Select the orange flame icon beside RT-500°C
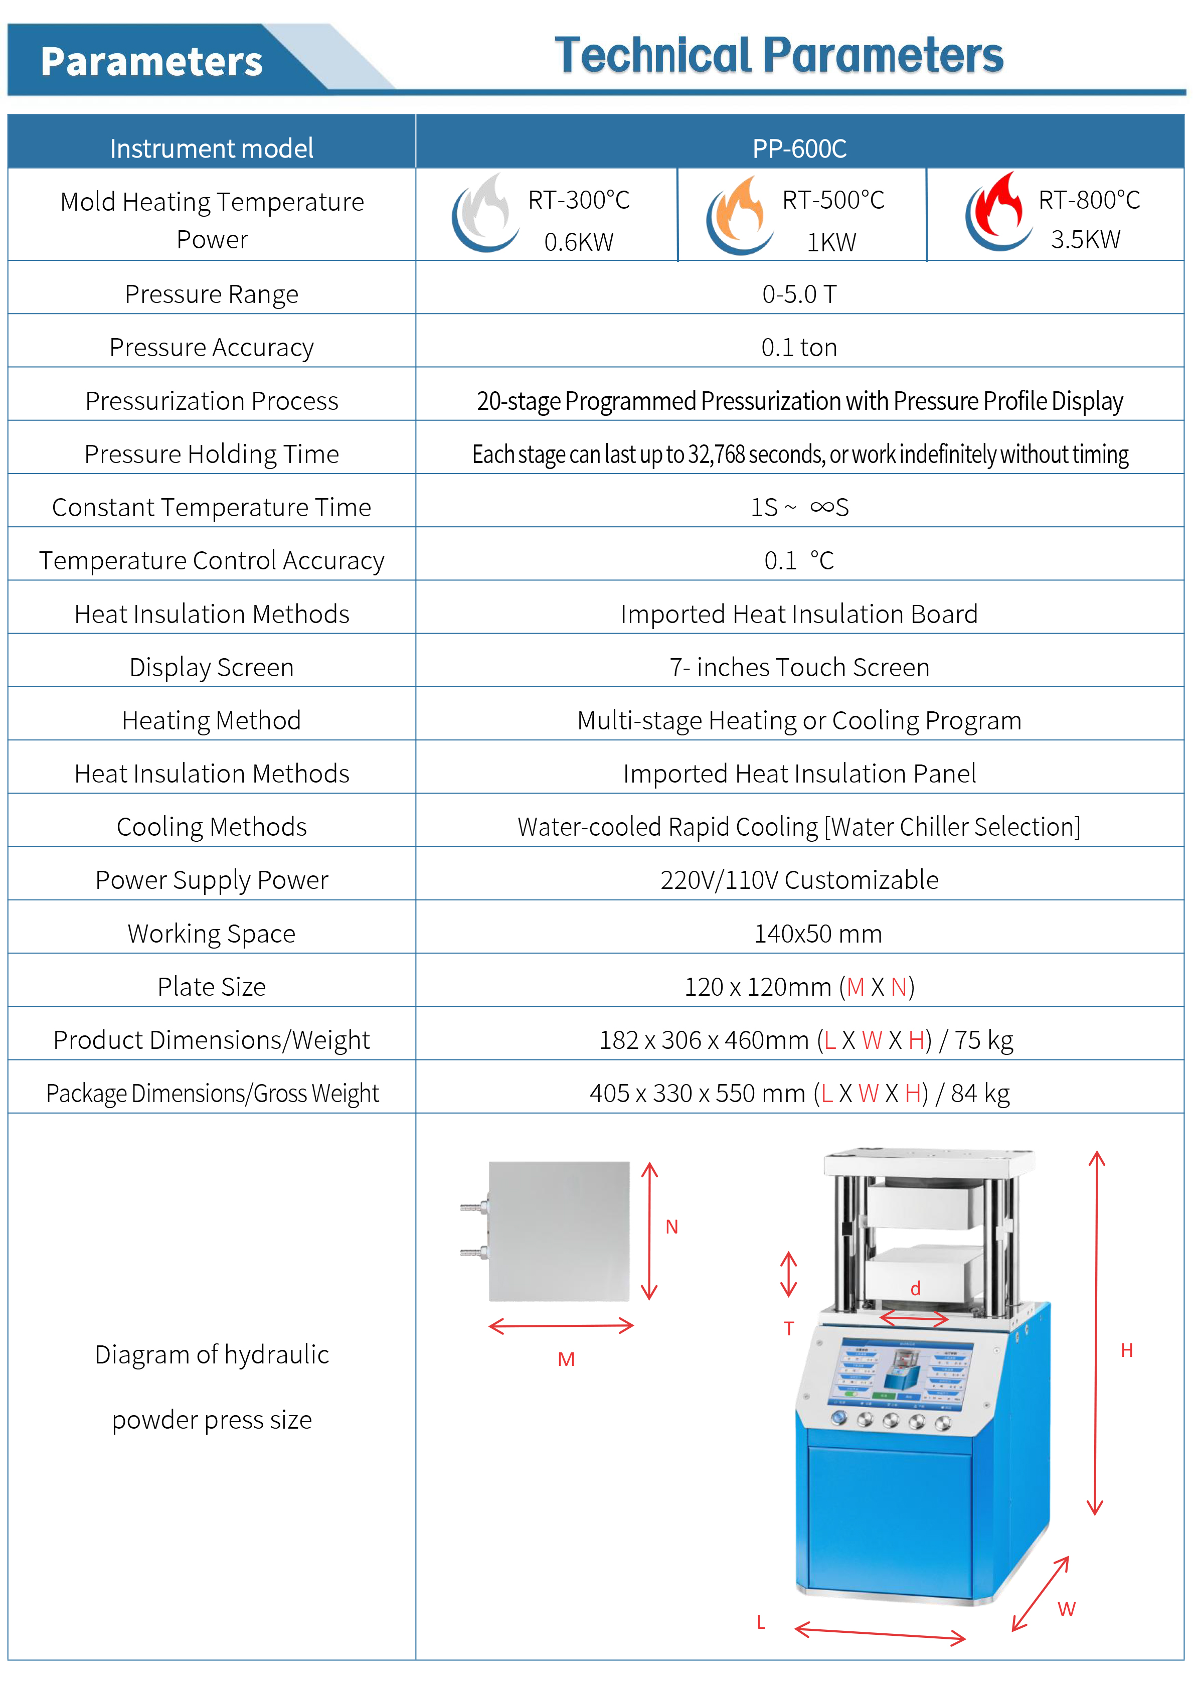point(739,215)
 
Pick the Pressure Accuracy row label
point(212,347)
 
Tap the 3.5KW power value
point(1085,240)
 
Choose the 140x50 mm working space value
point(817,934)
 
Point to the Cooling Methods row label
point(212,827)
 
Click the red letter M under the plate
point(566,1359)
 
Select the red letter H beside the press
point(1126,1350)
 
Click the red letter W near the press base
point(1067,1609)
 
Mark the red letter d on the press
point(915,1289)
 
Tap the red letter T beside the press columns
point(789,1328)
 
